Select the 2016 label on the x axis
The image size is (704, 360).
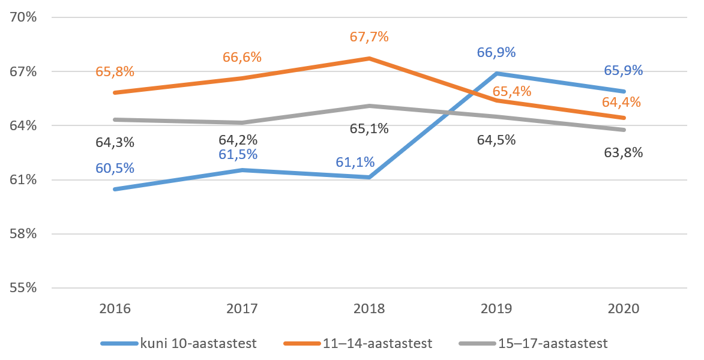[115, 310]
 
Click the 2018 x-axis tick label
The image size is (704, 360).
[369, 310]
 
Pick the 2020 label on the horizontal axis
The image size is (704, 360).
[624, 310]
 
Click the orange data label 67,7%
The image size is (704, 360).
[369, 37]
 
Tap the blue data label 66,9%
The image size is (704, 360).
[496, 52]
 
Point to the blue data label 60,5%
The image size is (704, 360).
[115, 168]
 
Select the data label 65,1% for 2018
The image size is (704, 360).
[369, 128]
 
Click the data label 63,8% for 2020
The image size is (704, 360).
[624, 152]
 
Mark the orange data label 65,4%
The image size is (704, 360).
[496, 92]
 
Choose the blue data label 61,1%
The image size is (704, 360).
[355, 162]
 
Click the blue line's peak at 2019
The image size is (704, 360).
[496, 73]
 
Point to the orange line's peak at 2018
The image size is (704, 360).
[369, 58]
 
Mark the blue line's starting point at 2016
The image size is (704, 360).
[115, 189]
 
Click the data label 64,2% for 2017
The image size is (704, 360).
[238, 140]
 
